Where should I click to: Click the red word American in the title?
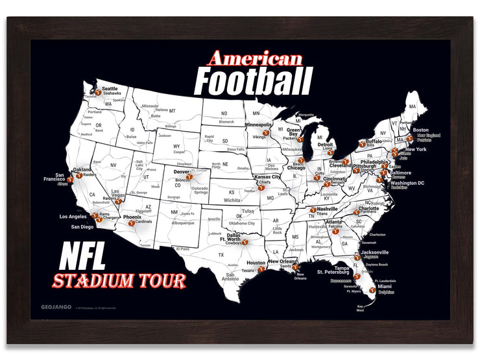[x=255, y=58]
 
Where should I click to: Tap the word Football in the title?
[x=253, y=82]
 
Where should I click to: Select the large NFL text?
[x=82, y=258]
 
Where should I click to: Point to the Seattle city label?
[x=110, y=88]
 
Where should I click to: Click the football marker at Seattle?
[x=98, y=93]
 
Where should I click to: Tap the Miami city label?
[x=385, y=285]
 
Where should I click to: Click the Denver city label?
[x=181, y=172]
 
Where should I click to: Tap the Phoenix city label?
[x=132, y=217]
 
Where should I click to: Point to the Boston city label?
[x=420, y=130]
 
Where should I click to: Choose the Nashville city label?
[x=328, y=209]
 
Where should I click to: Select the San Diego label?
[x=82, y=227]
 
